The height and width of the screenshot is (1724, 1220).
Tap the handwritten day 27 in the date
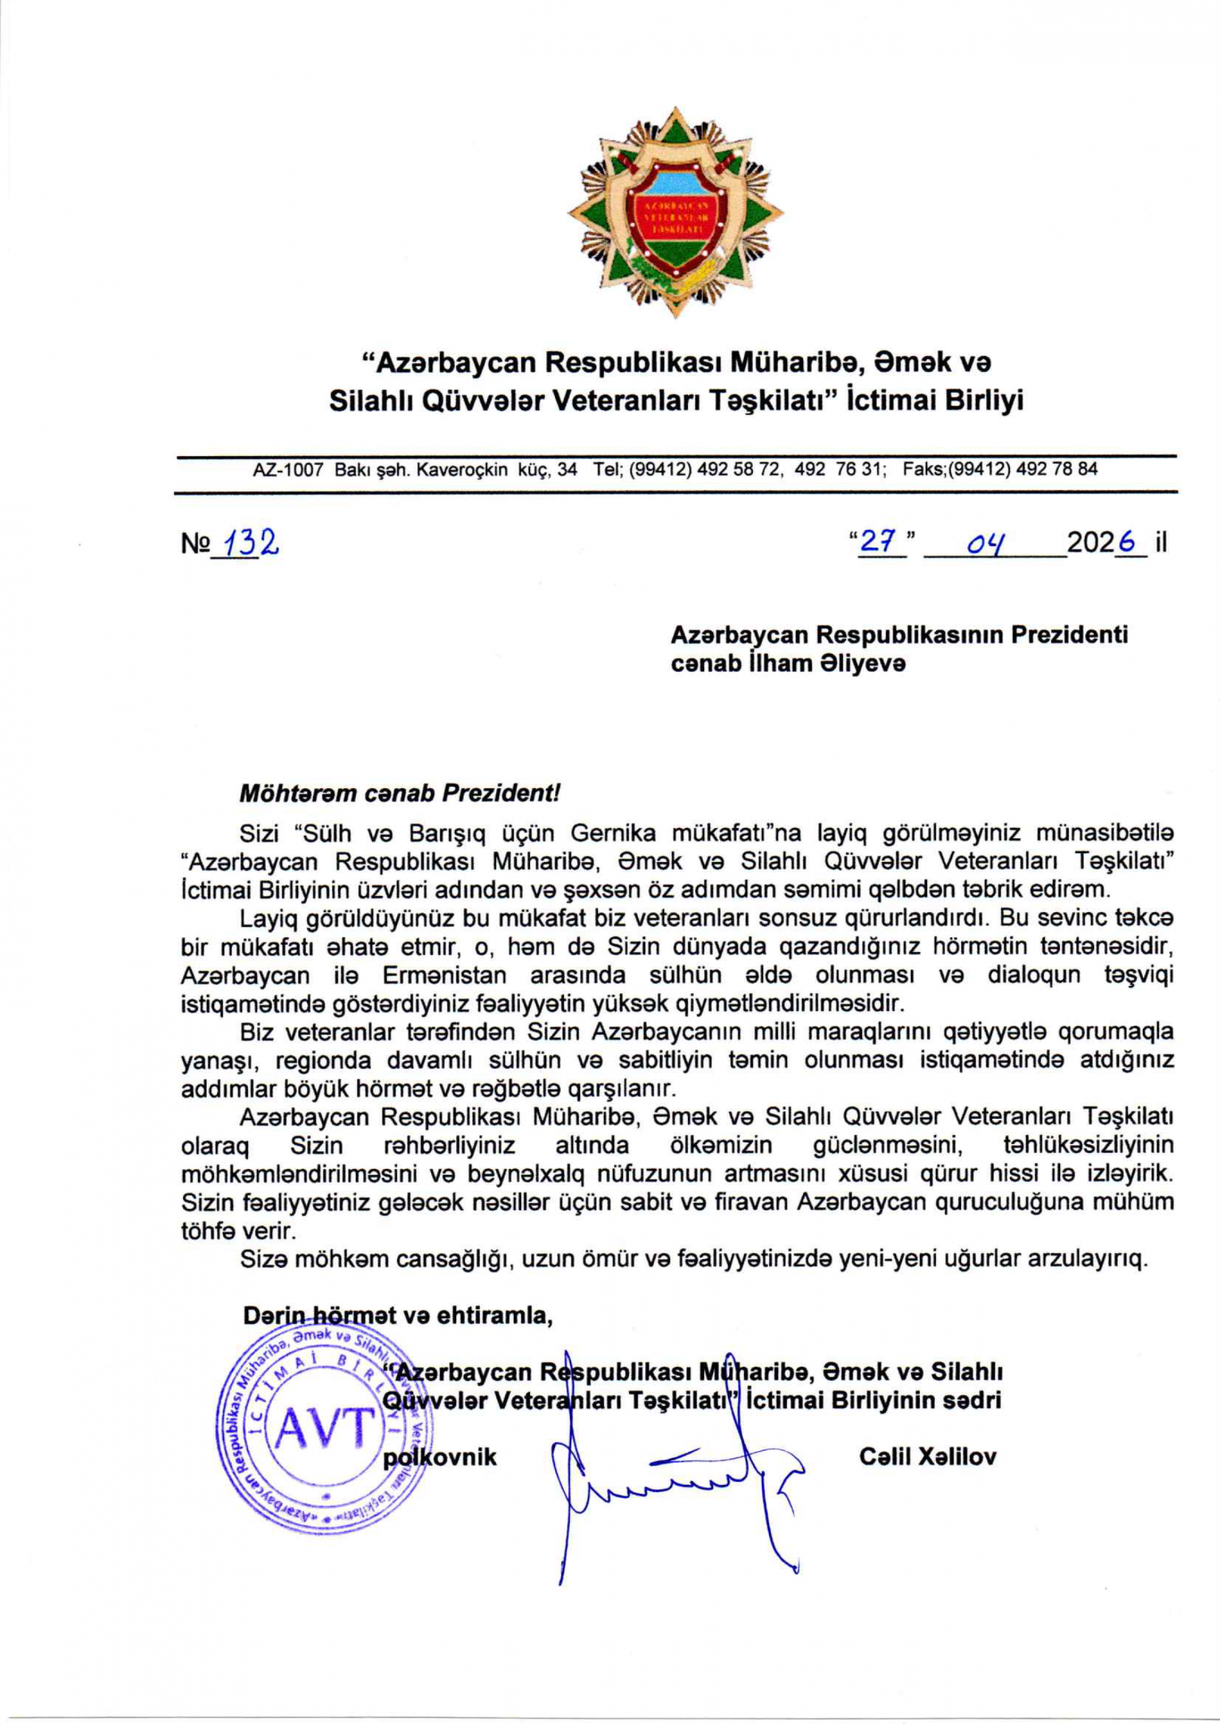[878, 542]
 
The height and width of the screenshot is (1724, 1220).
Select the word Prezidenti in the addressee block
[1069, 636]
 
